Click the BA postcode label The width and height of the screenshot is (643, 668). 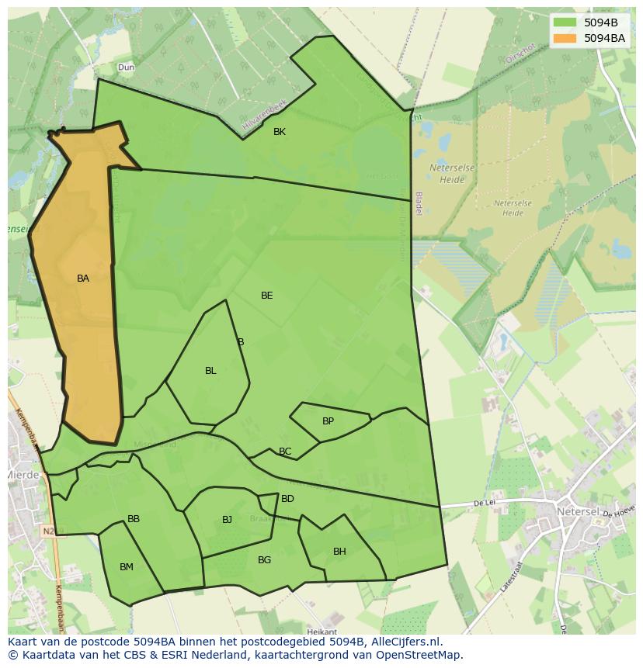click(x=83, y=279)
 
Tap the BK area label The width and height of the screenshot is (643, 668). click(x=280, y=132)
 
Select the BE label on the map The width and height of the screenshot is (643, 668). click(x=267, y=296)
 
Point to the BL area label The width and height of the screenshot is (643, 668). click(x=210, y=371)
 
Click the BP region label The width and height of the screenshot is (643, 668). click(x=328, y=421)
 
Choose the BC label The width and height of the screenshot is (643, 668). click(x=285, y=452)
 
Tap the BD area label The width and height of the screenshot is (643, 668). click(x=287, y=499)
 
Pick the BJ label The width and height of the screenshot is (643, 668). click(x=227, y=520)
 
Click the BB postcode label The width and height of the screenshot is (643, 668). click(x=134, y=519)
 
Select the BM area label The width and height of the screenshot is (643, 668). click(x=127, y=567)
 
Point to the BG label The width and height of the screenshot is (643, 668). click(x=264, y=560)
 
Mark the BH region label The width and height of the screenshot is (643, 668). click(x=339, y=552)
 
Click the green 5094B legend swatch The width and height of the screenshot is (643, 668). click(x=565, y=22)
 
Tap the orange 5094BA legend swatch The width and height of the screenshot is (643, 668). click(x=565, y=37)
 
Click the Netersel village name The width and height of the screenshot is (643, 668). click(x=579, y=512)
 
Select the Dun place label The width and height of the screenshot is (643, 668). click(x=126, y=68)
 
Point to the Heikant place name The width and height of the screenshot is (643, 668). click(x=321, y=632)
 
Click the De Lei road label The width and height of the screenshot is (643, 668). click(x=485, y=504)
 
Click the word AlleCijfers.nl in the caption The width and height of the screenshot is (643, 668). click(x=404, y=642)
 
